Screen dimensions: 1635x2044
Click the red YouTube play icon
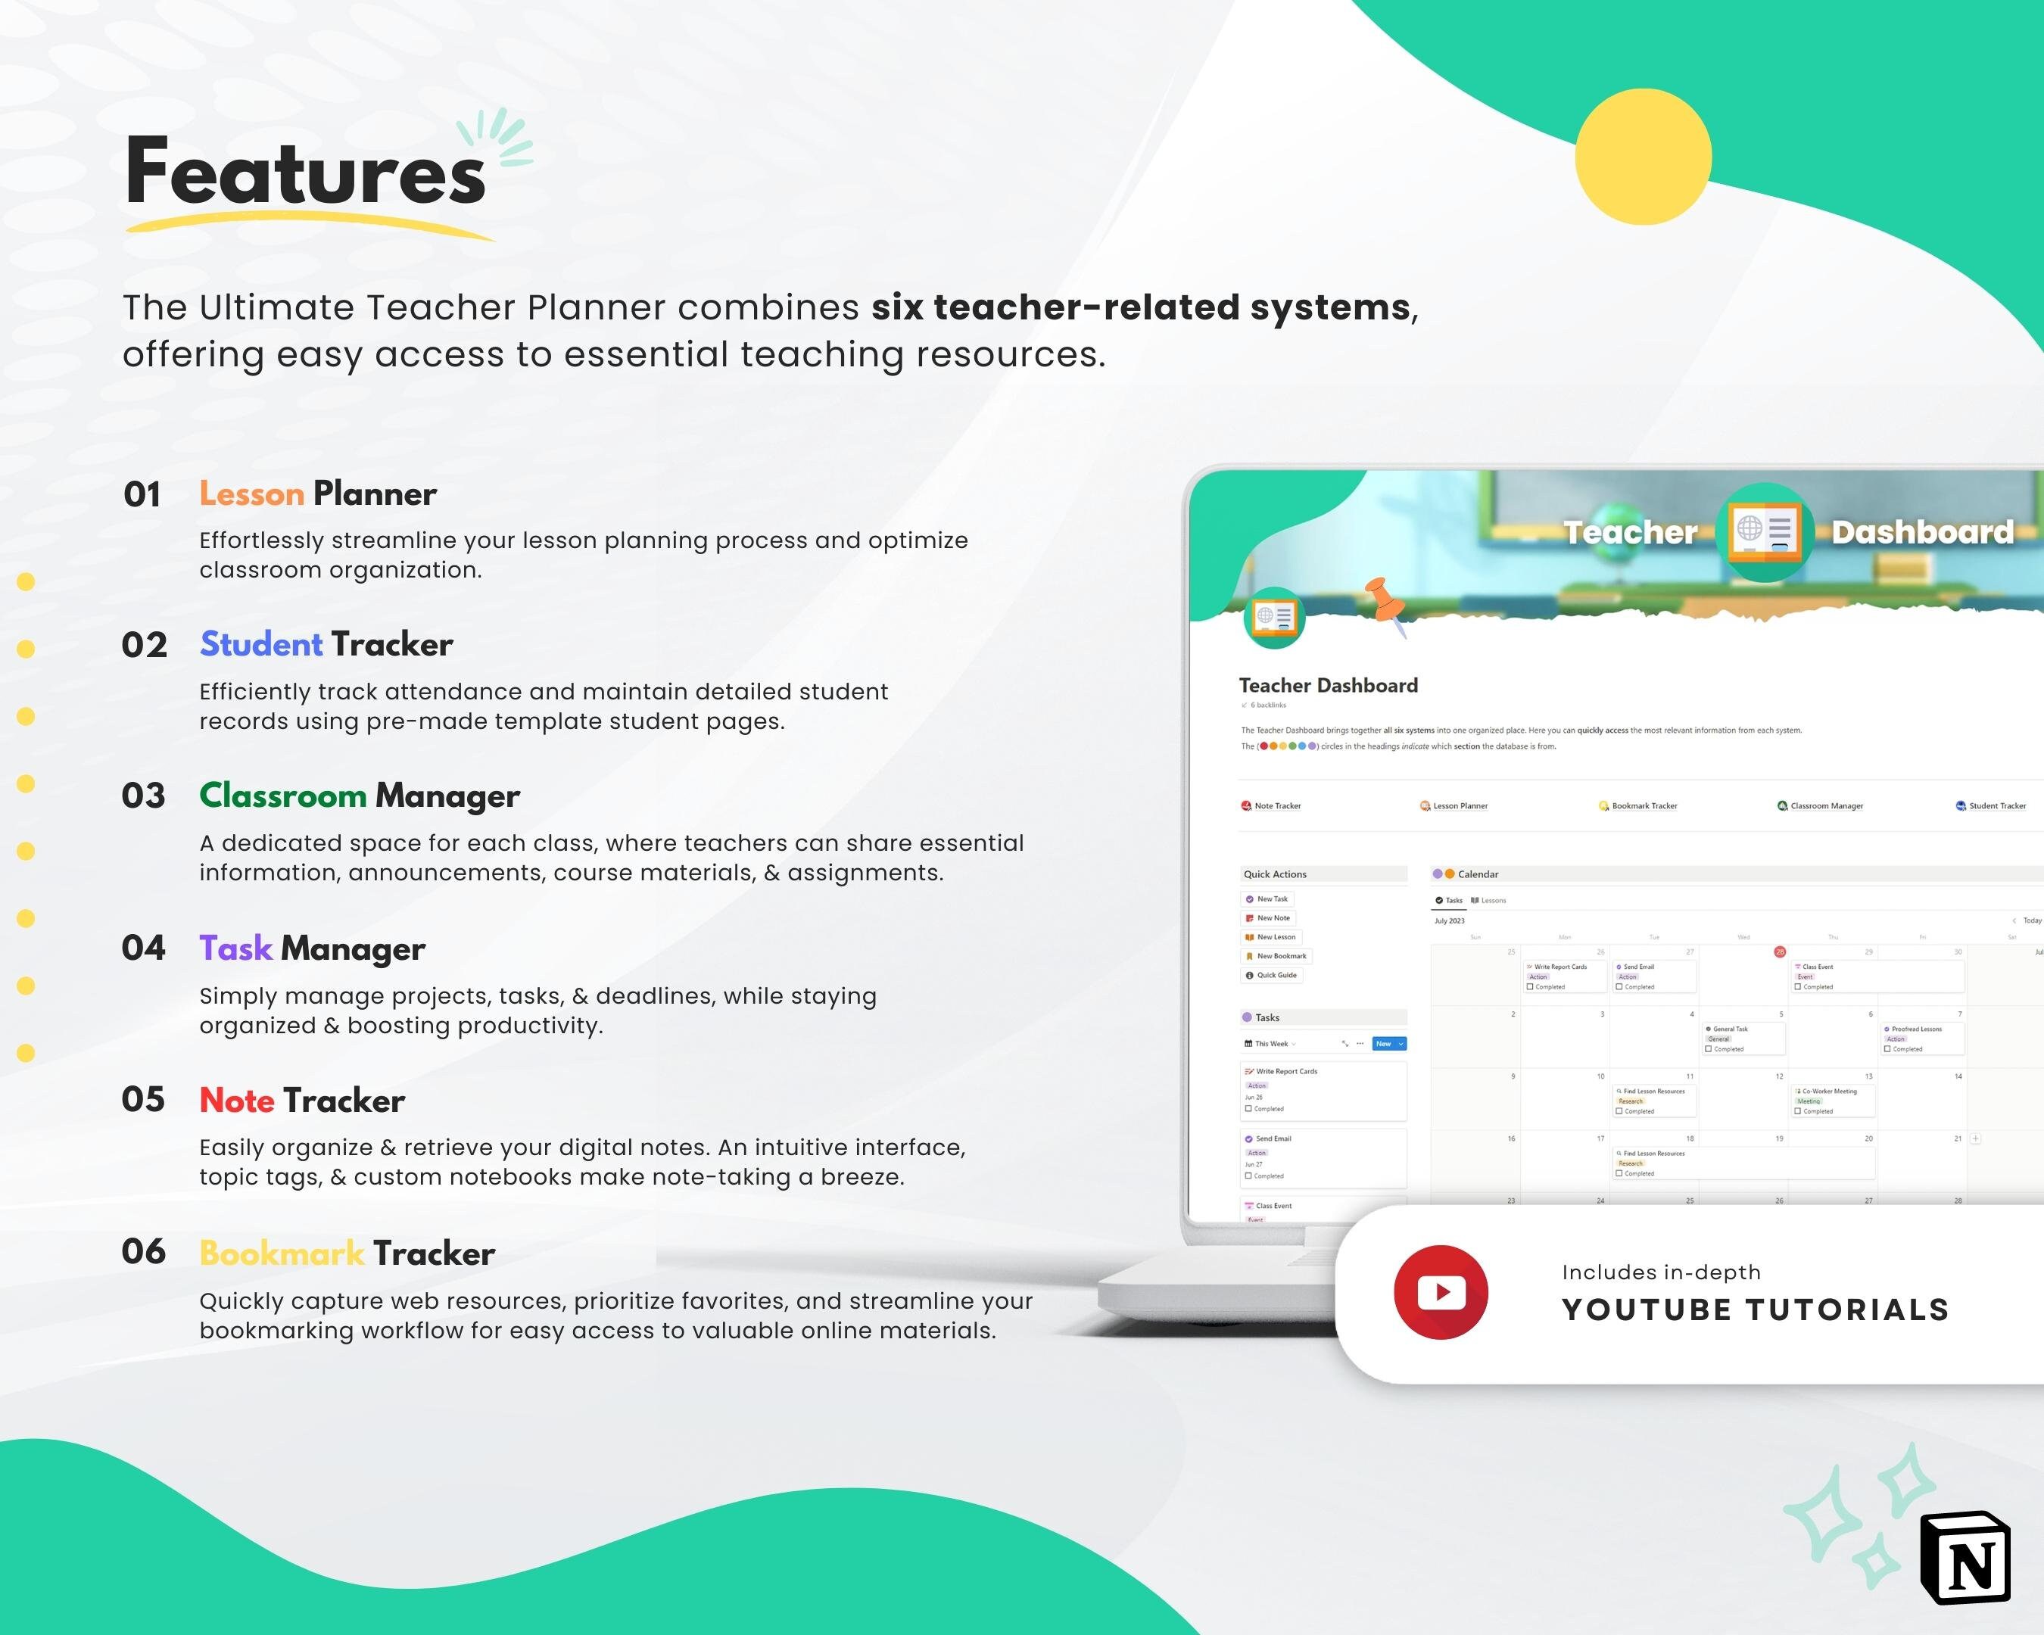pyautogui.click(x=1440, y=1292)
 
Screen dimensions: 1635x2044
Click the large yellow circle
pyautogui.click(x=1643, y=157)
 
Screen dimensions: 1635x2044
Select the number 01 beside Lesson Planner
pyautogui.click(x=142, y=495)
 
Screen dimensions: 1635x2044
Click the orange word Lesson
pyautogui.click(x=251, y=494)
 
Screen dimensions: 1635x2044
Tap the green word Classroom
pyautogui.click(x=282, y=796)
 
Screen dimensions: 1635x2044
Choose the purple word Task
pyautogui.click(x=235, y=948)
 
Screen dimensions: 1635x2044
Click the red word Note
pyautogui.click(x=237, y=1101)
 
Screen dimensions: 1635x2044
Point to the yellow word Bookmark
pyautogui.click(x=282, y=1253)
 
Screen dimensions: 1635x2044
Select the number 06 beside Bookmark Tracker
pyautogui.click(x=143, y=1252)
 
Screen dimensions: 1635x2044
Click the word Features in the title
pyautogui.click(x=305, y=173)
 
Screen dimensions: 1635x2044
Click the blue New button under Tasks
pyautogui.click(x=1388, y=1044)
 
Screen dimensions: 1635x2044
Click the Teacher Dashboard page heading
pyautogui.click(x=1328, y=685)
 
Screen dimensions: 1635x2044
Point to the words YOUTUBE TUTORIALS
pyautogui.click(x=1755, y=1310)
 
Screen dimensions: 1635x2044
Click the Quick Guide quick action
pyautogui.click(x=1275, y=974)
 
